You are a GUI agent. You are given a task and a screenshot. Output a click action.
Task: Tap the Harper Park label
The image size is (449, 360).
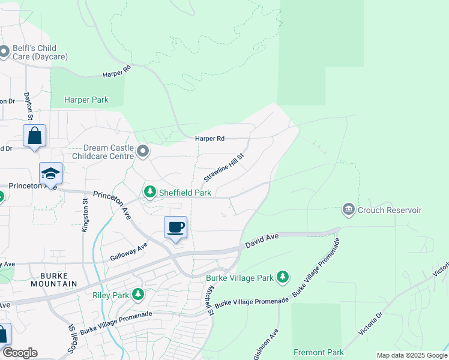click(87, 100)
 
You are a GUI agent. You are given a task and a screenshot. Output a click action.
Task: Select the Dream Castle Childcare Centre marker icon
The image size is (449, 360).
click(142, 151)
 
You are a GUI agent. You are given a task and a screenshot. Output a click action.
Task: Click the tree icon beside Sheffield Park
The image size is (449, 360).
click(149, 193)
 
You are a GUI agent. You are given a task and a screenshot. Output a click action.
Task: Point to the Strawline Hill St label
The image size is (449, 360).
click(224, 167)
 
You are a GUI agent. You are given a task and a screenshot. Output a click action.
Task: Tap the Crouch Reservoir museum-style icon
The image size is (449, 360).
click(348, 210)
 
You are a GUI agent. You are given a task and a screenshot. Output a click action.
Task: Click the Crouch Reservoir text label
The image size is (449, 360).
click(390, 211)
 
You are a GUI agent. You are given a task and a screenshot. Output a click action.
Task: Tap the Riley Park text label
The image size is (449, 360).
click(111, 295)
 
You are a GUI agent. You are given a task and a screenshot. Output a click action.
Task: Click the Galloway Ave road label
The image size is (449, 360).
click(128, 251)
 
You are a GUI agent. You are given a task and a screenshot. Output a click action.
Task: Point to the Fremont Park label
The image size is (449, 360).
click(318, 352)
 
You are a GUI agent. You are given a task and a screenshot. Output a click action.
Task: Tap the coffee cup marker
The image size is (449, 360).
click(175, 228)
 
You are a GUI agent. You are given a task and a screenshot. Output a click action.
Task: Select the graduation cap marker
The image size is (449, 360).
click(51, 174)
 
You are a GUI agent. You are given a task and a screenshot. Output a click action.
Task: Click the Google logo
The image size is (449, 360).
click(20, 353)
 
